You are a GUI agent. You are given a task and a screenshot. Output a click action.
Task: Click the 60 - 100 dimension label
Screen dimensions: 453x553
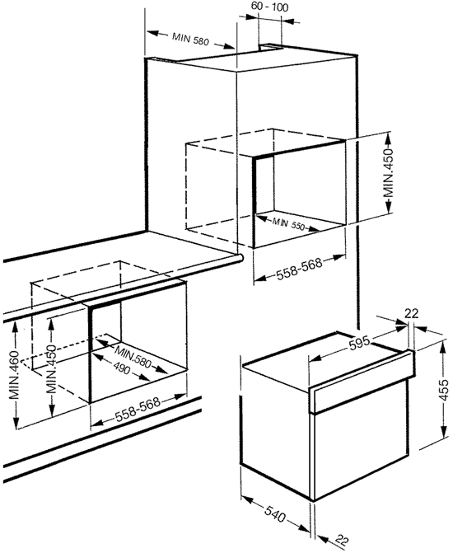[x=269, y=7]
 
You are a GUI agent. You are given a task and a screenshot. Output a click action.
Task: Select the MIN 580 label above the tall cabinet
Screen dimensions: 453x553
[x=190, y=39]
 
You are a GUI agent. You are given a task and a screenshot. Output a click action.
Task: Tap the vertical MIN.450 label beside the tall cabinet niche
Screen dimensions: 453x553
[x=388, y=173]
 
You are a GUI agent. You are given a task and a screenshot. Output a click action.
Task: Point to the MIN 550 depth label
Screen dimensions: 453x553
[x=288, y=224]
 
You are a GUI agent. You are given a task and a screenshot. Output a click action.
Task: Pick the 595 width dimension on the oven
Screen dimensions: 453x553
[x=360, y=343]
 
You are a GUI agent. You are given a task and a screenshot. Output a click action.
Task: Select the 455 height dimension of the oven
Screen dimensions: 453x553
[x=445, y=390]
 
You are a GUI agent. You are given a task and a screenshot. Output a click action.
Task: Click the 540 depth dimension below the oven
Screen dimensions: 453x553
[x=275, y=515]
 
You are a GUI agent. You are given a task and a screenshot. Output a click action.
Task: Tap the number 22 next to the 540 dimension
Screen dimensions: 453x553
[x=341, y=540]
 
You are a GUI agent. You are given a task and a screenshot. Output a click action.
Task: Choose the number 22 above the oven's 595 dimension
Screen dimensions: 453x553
[x=411, y=313]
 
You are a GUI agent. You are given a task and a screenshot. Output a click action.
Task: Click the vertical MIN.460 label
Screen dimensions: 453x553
[x=14, y=375]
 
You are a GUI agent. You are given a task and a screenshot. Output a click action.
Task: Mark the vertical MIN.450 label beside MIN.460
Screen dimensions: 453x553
[x=51, y=369]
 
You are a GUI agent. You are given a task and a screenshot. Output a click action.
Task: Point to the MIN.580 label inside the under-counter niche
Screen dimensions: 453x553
[x=133, y=357]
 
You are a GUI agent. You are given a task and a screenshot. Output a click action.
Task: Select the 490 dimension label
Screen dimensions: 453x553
[x=122, y=368]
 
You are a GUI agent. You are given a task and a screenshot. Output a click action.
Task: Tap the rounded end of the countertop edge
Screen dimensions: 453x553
[x=240, y=258]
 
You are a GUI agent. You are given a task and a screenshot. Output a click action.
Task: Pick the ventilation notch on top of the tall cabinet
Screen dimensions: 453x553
[x=271, y=47]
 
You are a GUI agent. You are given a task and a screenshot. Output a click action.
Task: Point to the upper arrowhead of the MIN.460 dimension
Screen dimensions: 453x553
[x=15, y=327]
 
